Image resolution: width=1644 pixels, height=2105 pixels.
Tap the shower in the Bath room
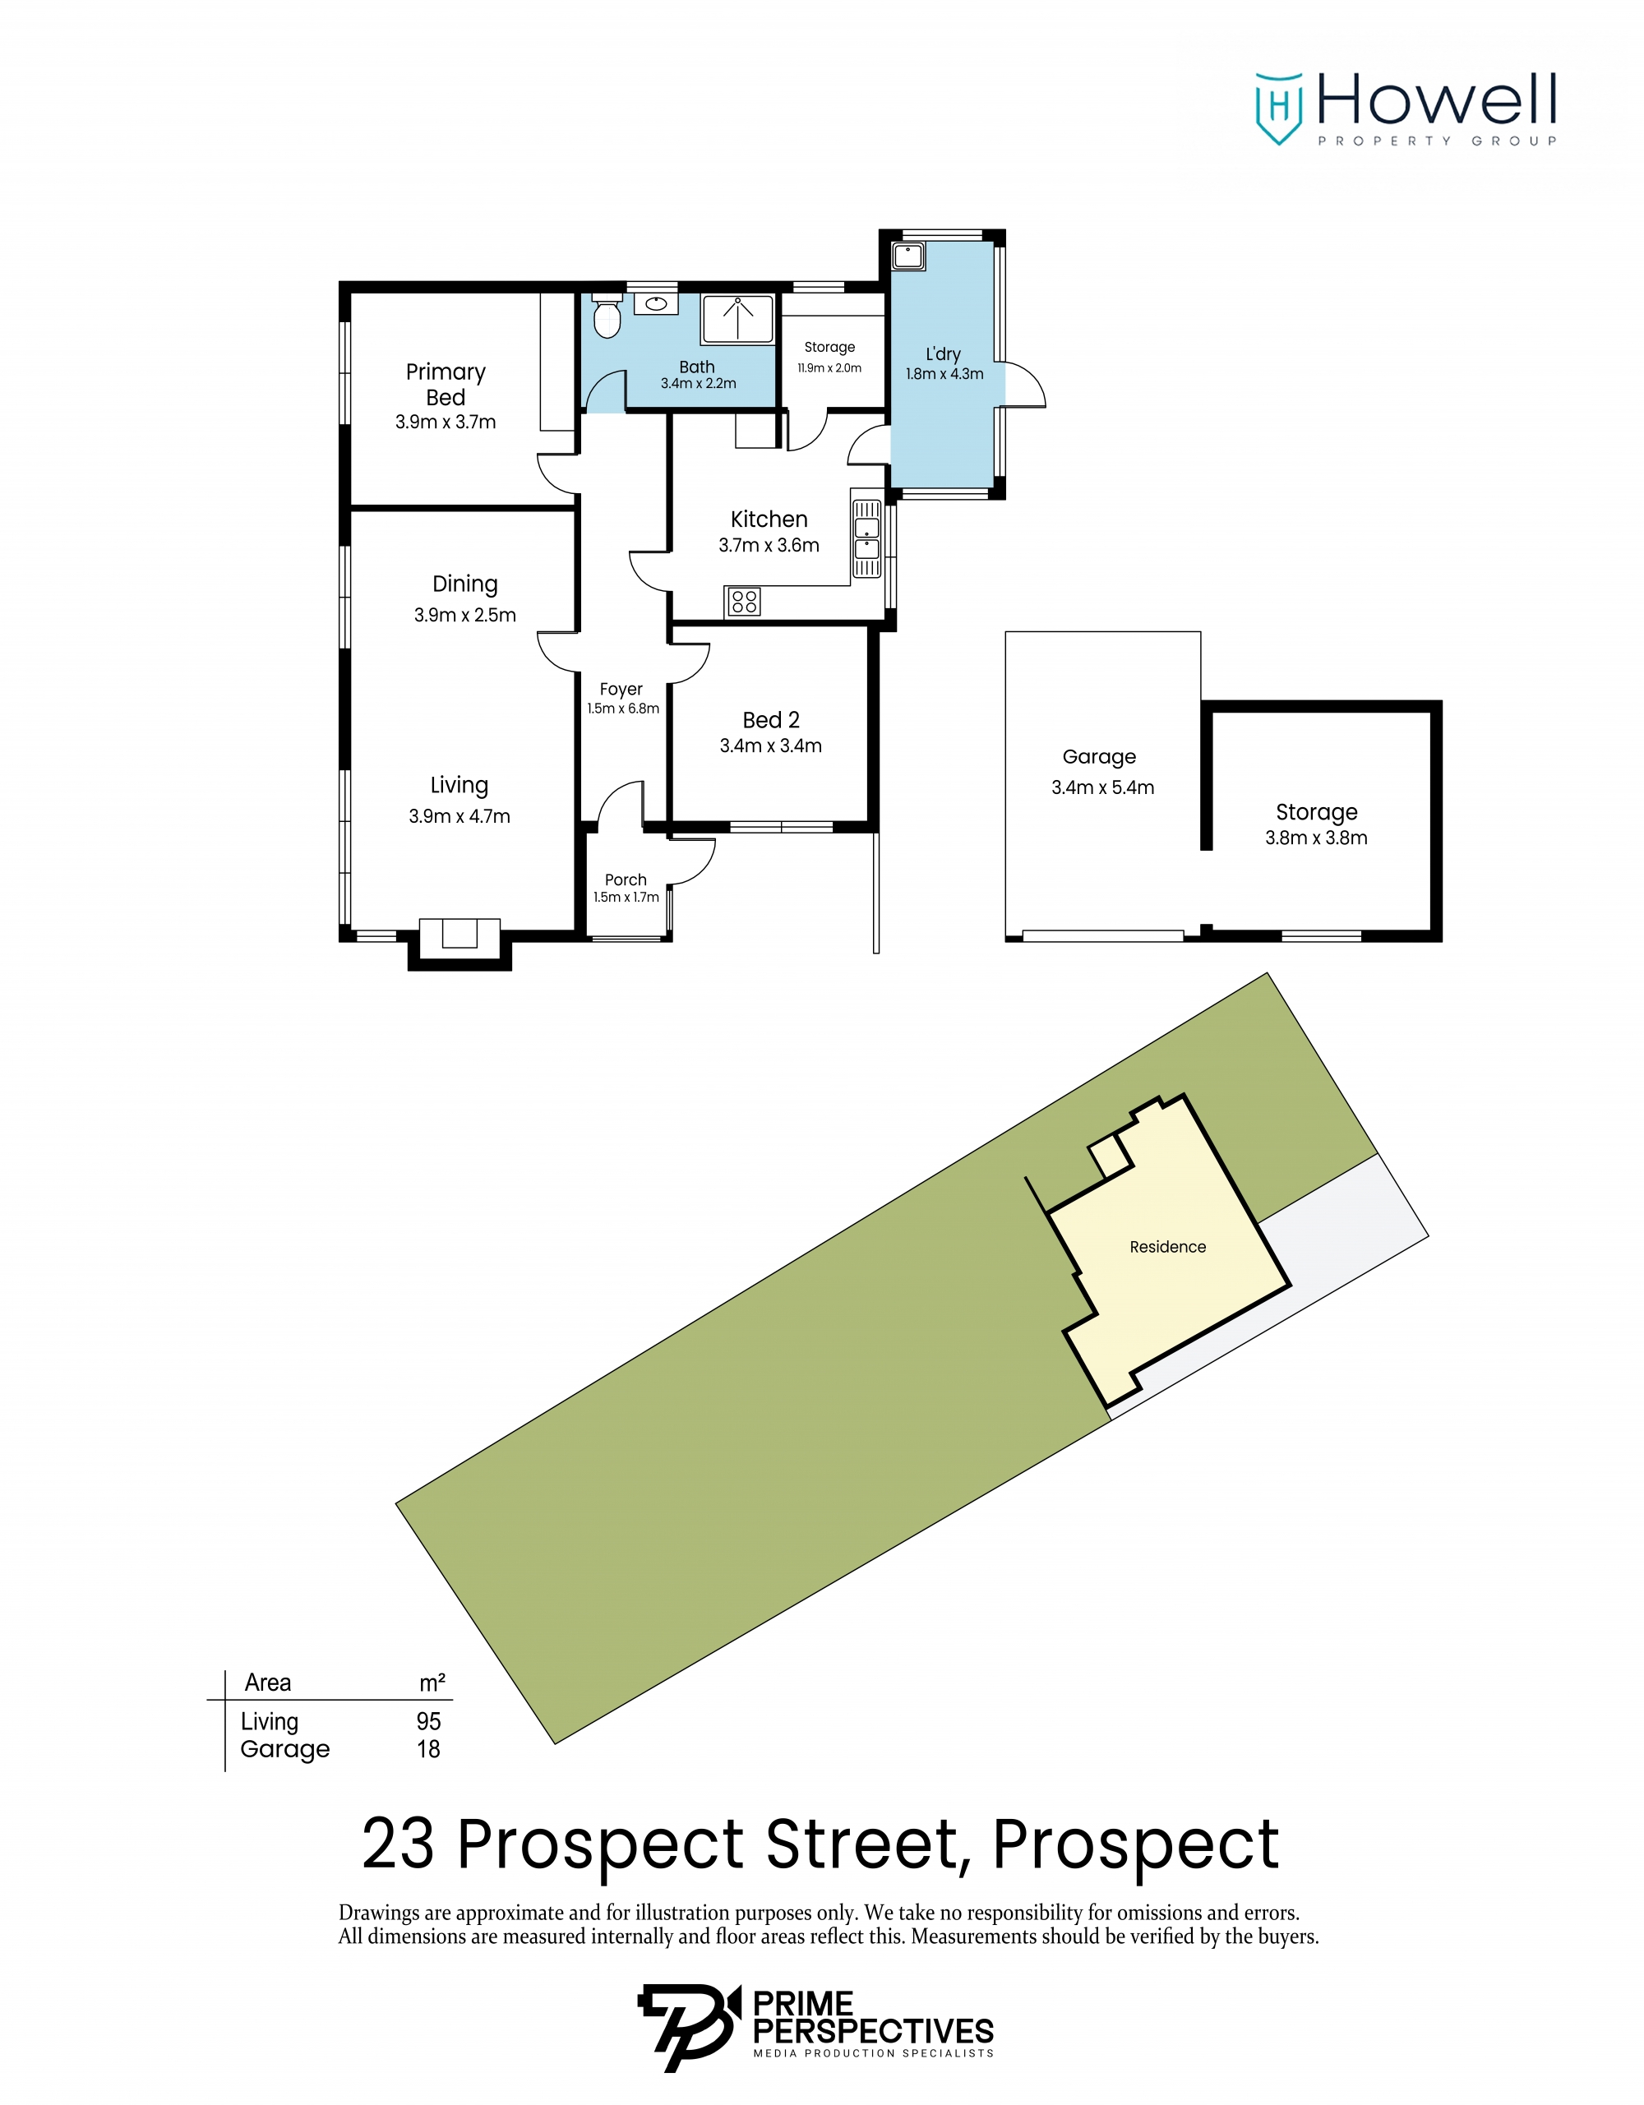click(x=737, y=319)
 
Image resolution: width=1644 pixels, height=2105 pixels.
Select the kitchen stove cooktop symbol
click(x=743, y=602)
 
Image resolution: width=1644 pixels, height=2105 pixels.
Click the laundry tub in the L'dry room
click(x=907, y=256)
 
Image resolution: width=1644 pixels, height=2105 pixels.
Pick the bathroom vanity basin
click(x=656, y=303)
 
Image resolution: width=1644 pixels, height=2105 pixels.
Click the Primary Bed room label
click(x=446, y=385)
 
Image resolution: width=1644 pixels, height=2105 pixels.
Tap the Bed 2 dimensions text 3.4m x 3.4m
click(x=770, y=746)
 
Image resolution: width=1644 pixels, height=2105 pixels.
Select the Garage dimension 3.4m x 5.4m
click(x=1102, y=787)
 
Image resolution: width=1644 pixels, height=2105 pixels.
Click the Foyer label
click(x=621, y=689)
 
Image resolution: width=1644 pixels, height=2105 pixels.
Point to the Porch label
click(x=626, y=880)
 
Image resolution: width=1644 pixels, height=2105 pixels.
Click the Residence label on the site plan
click(x=1167, y=1247)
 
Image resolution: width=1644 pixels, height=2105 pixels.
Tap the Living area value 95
click(x=429, y=1721)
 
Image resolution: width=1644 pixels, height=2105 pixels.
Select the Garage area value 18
click(x=429, y=1749)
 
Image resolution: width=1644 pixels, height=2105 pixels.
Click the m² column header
click(x=432, y=1683)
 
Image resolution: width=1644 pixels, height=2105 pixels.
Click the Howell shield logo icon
click(x=1279, y=108)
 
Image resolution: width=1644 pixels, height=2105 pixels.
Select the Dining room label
click(x=464, y=584)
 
